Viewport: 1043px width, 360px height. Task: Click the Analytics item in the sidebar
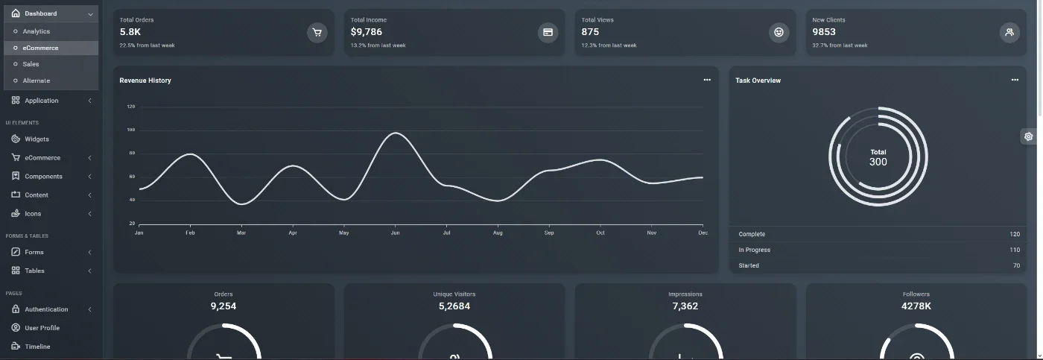click(x=37, y=31)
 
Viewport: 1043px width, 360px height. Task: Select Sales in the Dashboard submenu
click(x=31, y=64)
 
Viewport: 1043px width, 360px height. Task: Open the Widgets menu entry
click(x=37, y=139)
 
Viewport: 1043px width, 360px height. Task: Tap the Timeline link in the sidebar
click(x=37, y=347)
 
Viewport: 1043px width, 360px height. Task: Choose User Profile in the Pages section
click(x=42, y=328)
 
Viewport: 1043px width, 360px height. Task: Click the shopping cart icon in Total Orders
click(x=317, y=33)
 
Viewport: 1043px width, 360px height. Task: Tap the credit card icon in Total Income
click(x=548, y=33)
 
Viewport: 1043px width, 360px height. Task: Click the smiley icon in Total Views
click(x=779, y=33)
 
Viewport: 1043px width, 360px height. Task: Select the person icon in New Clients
click(x=1009, y=33)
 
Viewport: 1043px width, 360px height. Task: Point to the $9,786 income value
click(x=366, y=31)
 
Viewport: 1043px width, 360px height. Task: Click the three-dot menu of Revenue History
click(x=707, y=80)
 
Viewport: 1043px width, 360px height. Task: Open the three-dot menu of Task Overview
click(x=1015, y=80)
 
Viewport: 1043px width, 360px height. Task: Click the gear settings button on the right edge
click(x=1029, y=136)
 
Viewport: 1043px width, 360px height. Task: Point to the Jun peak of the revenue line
click(x=396, y=133)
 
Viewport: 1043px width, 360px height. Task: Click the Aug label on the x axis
click(x=498, y=233)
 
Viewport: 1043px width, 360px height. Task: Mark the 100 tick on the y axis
click(x=131, y=130)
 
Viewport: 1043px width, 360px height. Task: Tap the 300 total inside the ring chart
click(x=878, y=162)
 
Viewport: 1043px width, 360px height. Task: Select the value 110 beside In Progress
click(x=1015, y=250)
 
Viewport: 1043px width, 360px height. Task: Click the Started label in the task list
click(x=749, y=265)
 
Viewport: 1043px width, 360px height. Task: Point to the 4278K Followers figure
click(x=916, y=306)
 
